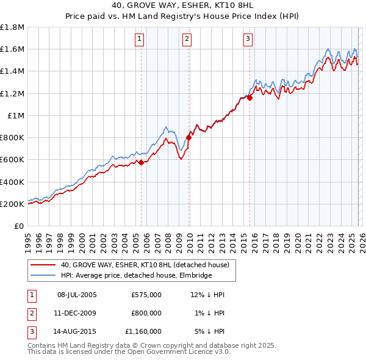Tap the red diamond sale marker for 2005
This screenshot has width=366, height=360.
point(141,162)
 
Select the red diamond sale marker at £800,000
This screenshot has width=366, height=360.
point(189,137)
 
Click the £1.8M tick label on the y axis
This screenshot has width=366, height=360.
point(12,27)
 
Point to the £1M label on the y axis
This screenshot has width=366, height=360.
point(16,115)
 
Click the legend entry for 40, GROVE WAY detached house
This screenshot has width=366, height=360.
point(145,265)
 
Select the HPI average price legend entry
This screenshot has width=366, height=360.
point(136,276)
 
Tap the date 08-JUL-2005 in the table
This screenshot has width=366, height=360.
point(77,295)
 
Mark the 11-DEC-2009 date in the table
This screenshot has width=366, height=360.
point(77,313)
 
